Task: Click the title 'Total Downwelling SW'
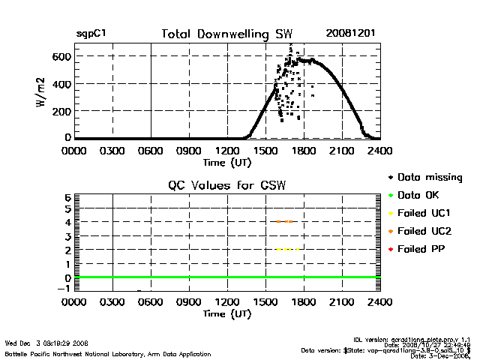click(x=227, y=34)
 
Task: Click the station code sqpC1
click(x=91, y=34)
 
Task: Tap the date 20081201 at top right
click(x=349, y=34)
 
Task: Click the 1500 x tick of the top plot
click(x=266, y=150)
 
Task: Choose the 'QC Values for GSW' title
click(x=227, y=185)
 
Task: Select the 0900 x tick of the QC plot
click(x=190, y=302)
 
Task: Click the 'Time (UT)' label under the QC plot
click(x=227, y=313)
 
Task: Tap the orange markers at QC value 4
click(x=285, y=222)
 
